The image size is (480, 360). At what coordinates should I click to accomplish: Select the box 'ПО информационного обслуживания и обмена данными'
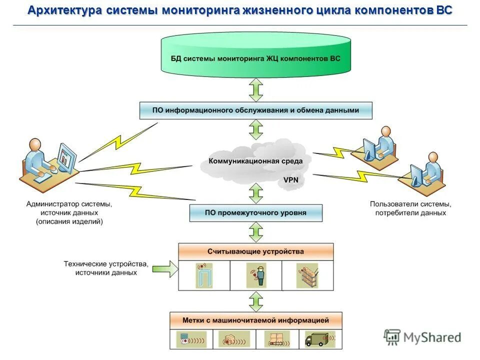(255, 110)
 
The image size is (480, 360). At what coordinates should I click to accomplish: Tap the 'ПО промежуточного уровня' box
(255, 212)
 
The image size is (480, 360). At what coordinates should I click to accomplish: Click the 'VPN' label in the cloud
(291, 179)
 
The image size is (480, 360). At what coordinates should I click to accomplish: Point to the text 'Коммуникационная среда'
(255, 161)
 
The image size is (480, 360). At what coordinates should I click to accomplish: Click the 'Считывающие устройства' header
(255, 251)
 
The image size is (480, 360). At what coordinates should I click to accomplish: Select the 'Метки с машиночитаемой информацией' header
(255, 320)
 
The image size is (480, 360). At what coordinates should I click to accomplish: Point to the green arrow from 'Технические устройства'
(165, 268)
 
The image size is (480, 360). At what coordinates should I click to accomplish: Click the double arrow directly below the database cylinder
(255, 90)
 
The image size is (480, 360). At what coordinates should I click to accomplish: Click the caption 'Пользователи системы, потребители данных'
(410, 208)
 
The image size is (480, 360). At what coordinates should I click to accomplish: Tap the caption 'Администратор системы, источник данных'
(69, 212)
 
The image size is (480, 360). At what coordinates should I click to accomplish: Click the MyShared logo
(422, 337)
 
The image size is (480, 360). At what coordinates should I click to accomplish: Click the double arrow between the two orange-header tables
(255, 301)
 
